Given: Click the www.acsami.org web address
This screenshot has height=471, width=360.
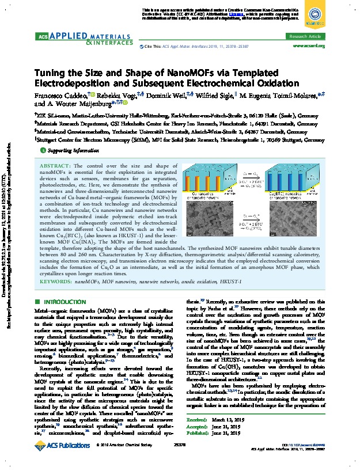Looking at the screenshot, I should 309,45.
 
